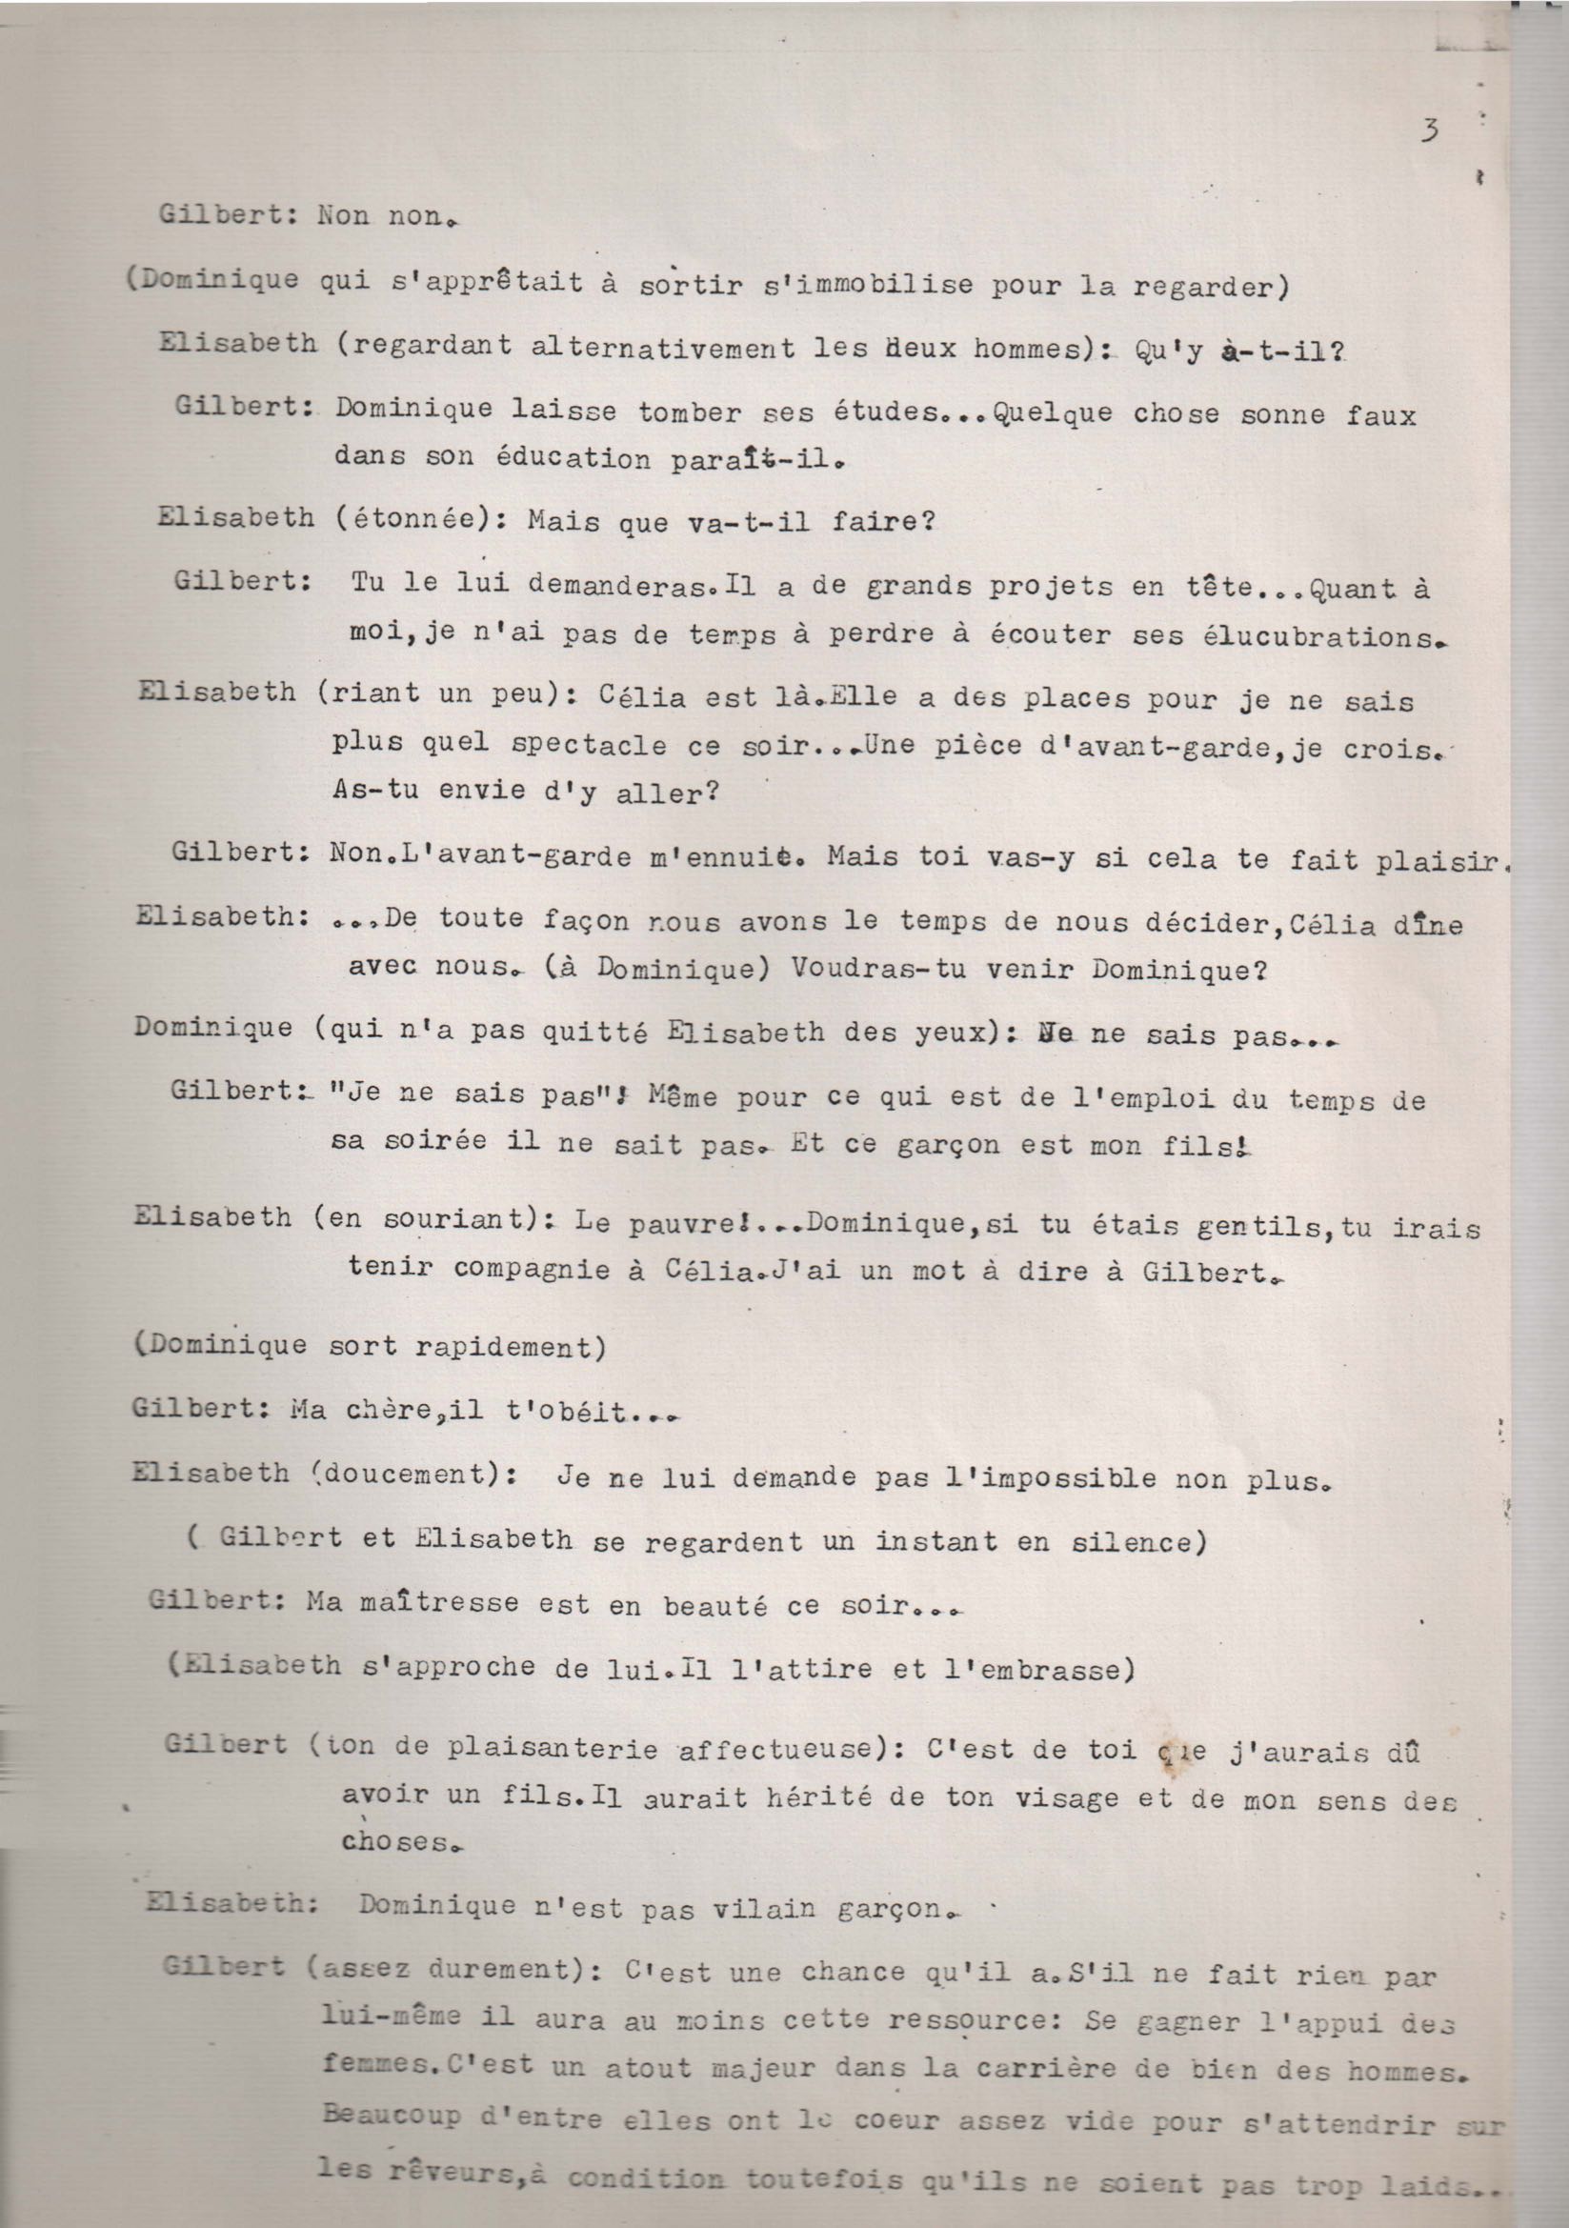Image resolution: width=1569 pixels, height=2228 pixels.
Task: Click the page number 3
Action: (1428, 130)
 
